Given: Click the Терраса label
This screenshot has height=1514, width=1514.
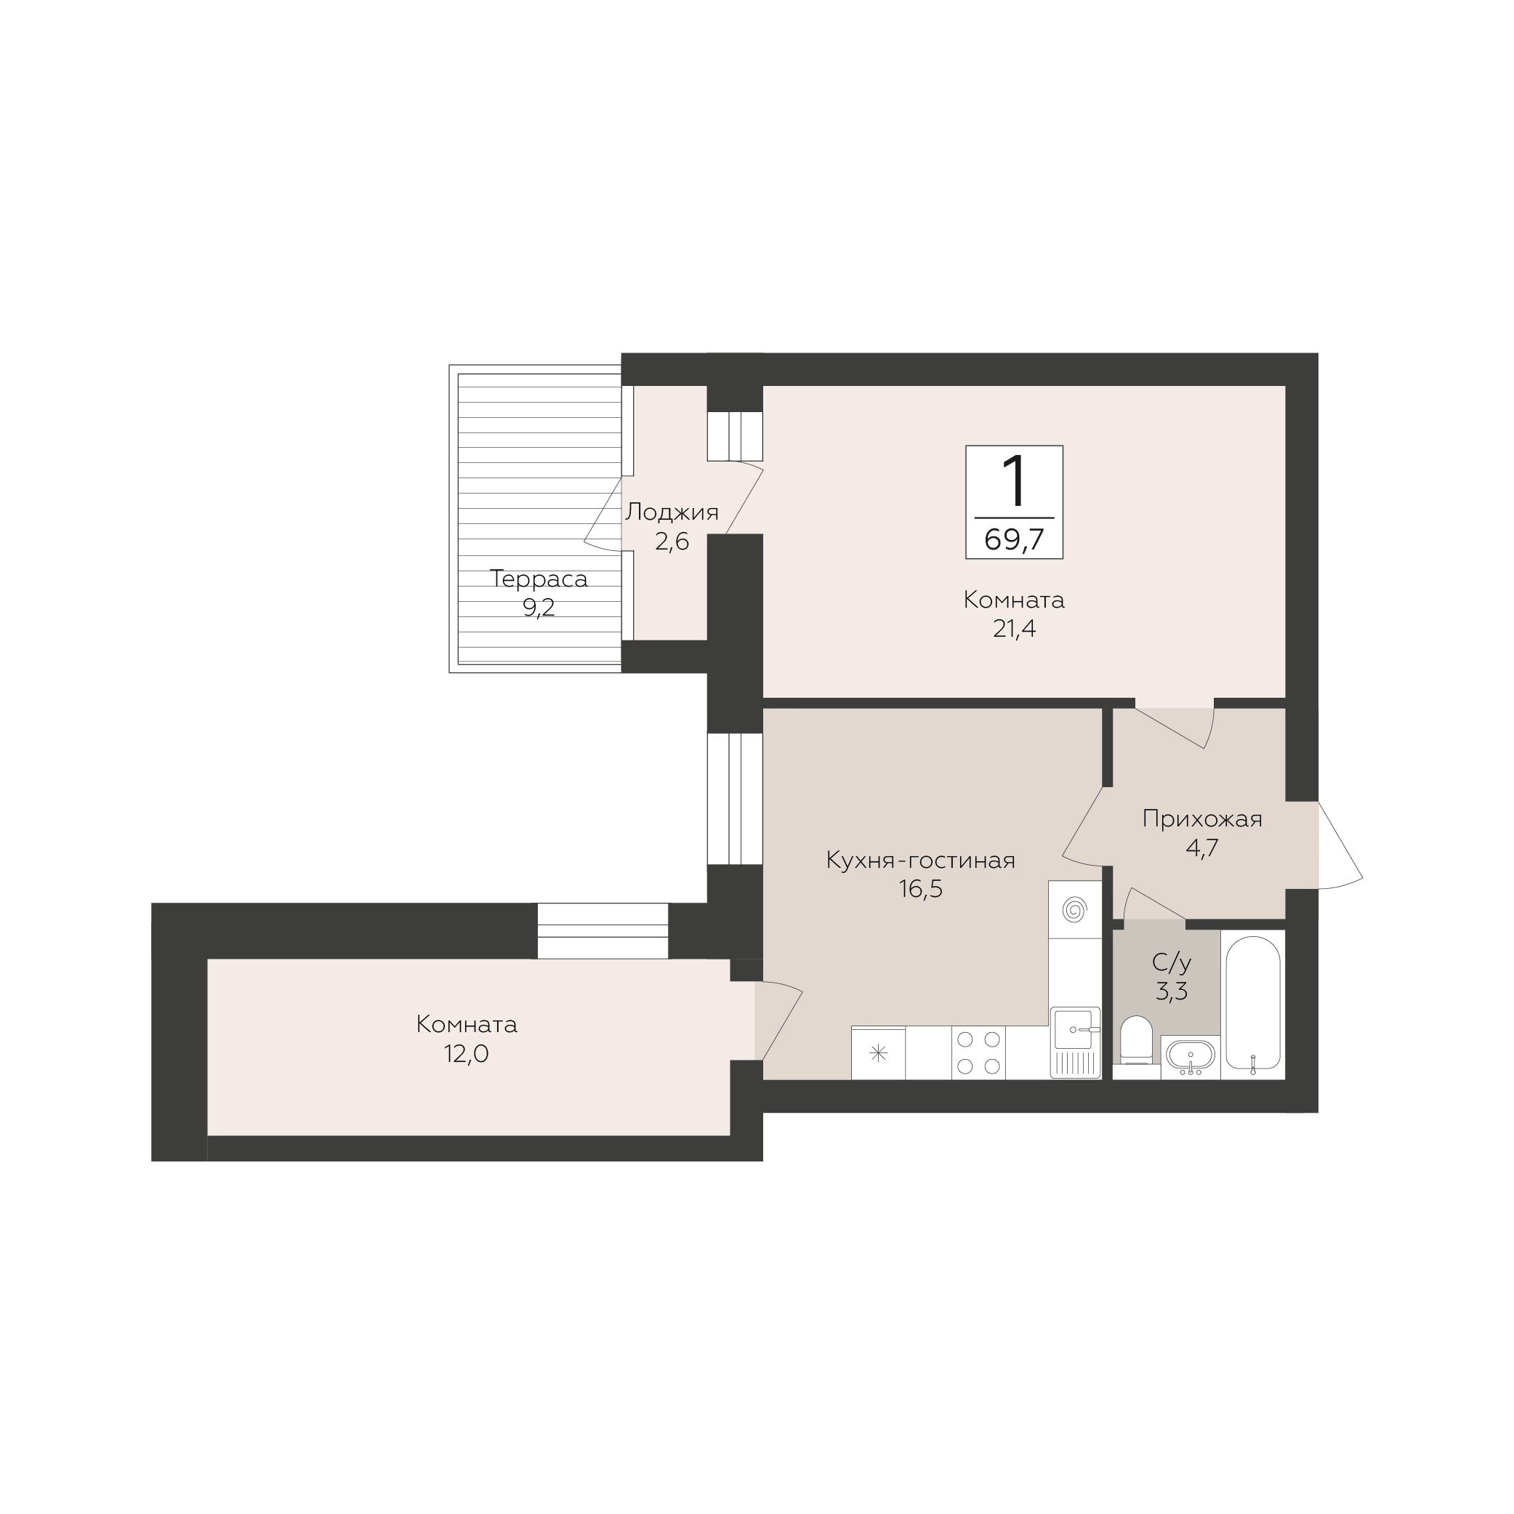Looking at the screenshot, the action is [539, 580].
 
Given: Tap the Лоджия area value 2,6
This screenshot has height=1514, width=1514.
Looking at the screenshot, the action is [672, 541].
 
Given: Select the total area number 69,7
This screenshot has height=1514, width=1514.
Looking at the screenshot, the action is [1014, 540].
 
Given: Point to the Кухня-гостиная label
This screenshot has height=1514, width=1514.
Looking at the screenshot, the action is [921, 861].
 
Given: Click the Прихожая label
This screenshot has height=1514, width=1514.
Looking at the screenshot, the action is [1202, 820].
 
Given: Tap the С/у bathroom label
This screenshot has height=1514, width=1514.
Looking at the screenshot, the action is [1172, 962].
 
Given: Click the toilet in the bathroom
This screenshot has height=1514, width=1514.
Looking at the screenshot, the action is [1136, 1040].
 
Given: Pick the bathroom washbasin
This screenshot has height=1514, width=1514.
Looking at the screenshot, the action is [1191, 1055].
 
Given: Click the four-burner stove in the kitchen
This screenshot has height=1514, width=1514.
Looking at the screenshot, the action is [979, 1052].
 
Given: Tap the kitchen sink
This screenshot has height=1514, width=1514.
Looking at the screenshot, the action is [1075, 1042].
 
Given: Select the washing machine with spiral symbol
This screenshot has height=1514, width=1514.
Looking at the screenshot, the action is [1074, 911].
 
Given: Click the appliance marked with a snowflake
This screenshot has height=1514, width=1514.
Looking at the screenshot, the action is [879, 1053].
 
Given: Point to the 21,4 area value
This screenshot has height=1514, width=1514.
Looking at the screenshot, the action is [1014, 629].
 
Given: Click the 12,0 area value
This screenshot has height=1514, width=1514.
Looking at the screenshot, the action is [467, 1054].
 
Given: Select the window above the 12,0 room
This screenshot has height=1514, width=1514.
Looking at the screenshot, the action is [603, 930].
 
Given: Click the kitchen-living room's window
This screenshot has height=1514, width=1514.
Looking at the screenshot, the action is [735, 799].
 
